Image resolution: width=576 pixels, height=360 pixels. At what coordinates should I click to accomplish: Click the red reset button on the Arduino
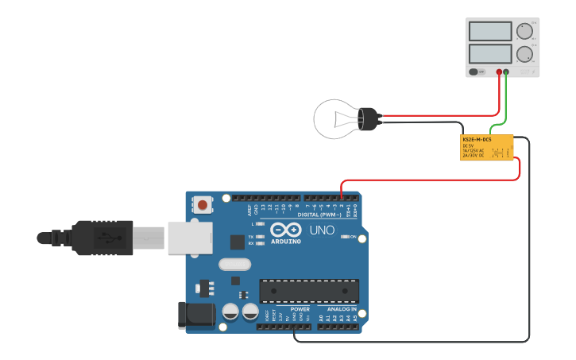tap(203, 205)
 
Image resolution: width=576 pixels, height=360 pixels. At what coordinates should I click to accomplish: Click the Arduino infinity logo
tap(285, 230)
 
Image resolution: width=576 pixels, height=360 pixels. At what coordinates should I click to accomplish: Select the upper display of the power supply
tap(489, 32)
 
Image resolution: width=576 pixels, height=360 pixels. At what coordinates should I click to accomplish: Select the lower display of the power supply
tap(489, 54)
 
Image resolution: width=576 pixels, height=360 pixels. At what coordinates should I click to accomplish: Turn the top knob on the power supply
tap(524, 32)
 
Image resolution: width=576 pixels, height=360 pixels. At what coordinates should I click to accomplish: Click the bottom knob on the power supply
tap(524, 55)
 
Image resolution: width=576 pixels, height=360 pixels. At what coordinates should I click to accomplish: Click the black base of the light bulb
tap(368, 119)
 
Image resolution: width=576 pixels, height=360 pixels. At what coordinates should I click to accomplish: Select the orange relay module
tap(486, 147)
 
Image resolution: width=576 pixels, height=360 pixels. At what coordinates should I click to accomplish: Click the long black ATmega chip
tap(308, 291)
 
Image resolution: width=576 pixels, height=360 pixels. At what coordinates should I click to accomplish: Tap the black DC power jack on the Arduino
tap(195, 315)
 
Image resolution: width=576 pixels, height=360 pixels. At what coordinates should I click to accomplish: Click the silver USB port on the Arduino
tap(189, 238)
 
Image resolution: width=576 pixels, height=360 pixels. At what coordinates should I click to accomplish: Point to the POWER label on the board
tap(300, 309)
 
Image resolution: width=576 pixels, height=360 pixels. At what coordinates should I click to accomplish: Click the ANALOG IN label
tap(342, 309)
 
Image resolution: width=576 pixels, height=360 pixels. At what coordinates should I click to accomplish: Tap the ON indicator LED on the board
tap(344, 236)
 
